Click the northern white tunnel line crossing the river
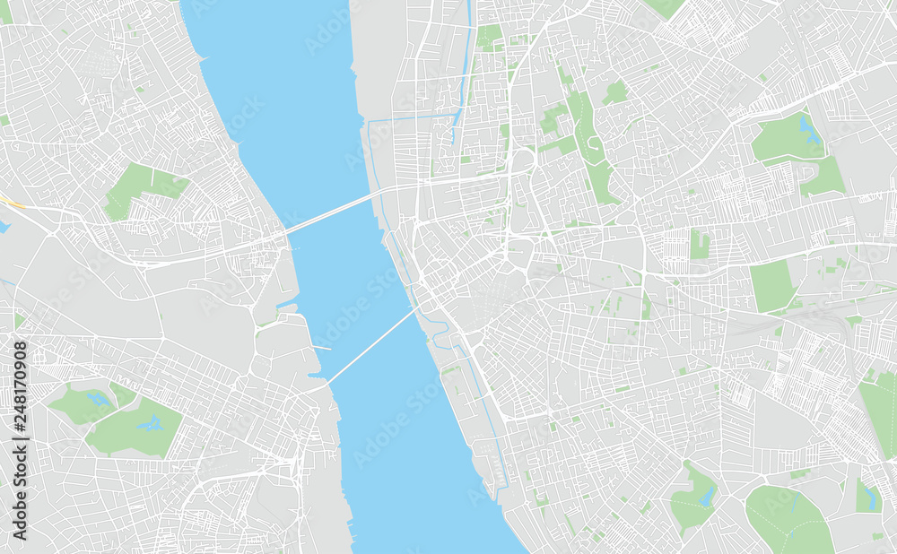[x=332, y=212]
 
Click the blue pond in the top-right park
[x=810, y=132]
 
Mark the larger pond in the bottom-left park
[x=148, y=423]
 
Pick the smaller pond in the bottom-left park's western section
[x=96, y=397]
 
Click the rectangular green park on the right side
[x=771, y=286]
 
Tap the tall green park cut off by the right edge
[x=879, y=412]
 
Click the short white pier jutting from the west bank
[x=321, y=348]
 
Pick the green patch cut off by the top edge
[x=664, y=7]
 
